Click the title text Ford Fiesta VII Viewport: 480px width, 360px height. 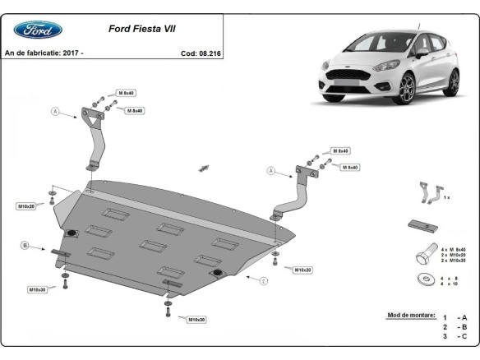(141, 28)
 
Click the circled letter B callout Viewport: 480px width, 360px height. (25, 245)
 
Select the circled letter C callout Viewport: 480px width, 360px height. (264, 282)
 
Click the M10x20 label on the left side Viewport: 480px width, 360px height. (26, 205)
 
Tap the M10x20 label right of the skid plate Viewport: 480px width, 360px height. (301, 269)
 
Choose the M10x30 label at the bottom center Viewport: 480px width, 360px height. (196, 319)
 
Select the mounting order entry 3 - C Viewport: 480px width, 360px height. (455, 336)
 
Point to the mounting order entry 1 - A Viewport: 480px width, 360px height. (455, 316)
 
